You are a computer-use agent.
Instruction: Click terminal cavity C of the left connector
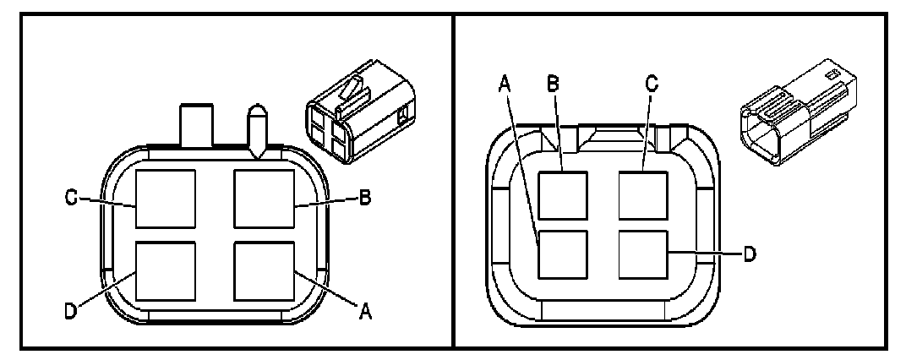(166, 199)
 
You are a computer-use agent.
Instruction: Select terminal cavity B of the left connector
(264, 199)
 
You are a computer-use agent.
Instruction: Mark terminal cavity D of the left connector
(166, 271)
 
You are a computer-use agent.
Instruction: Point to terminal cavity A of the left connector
(264, 271)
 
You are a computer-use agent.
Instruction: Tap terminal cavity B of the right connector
(563, 195)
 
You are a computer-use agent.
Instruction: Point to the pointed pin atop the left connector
(256, 128)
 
